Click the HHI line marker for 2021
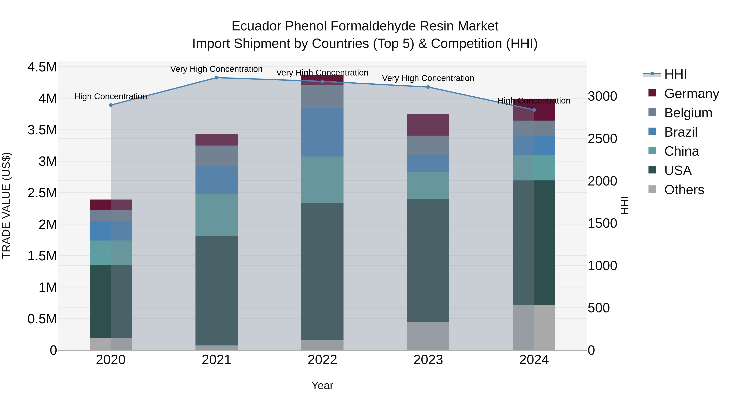click(217, 78)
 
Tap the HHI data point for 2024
click(534, 110)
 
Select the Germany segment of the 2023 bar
click(428, 125)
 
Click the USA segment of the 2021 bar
click(217, 291)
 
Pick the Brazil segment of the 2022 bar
click(322, 132)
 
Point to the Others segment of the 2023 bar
click(428, 336)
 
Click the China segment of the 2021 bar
click(217, 215)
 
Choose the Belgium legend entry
click(688, 113)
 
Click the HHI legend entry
click(675, 74)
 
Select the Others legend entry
click(684, 190)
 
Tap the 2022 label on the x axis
click(322, 360)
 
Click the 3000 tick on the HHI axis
click(602, 96)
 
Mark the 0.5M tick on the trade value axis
click(42, 319)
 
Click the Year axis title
click(322, 385)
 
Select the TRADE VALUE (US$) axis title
click(6, 205)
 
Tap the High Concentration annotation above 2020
click(111, 96)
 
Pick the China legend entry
click(681, 151)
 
